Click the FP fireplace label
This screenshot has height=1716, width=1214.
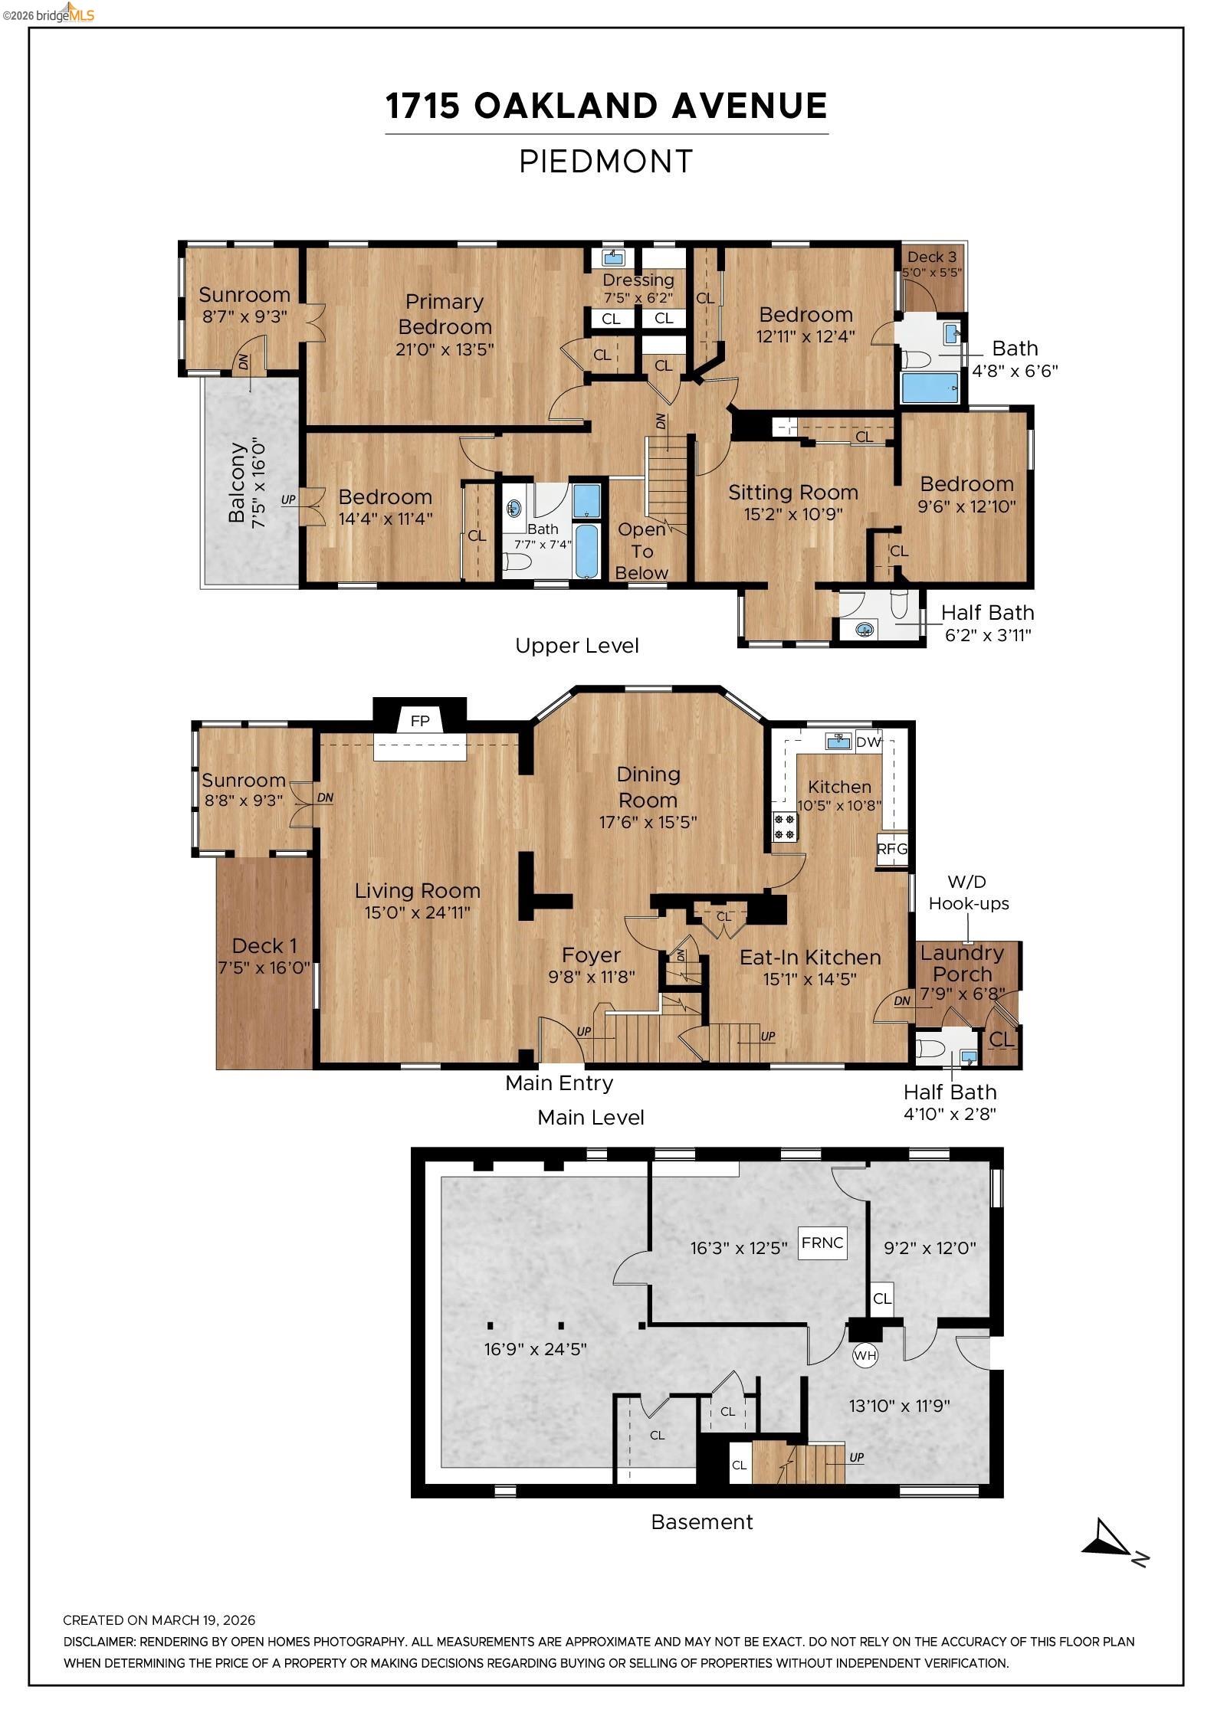point(420,721)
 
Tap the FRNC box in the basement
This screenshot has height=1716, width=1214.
point(822,1243)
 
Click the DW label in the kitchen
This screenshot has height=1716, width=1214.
point(868,742)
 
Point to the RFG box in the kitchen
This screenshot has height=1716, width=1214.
point(891,849)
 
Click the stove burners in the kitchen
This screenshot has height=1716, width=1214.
point(785,827)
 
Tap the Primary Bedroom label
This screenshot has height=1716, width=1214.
point(445,314)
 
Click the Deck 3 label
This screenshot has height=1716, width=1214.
point(932,257)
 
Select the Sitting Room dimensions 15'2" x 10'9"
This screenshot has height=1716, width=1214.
point(793,514)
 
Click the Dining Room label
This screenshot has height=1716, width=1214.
point(648,787)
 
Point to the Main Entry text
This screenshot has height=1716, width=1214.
point(559,1083)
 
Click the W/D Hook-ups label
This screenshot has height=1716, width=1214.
point(969,893)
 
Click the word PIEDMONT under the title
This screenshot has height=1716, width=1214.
point(606,162)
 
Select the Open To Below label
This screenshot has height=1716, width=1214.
point(642,551)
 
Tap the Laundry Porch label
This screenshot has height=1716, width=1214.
point(963,964)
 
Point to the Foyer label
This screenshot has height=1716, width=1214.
point(591,955)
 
